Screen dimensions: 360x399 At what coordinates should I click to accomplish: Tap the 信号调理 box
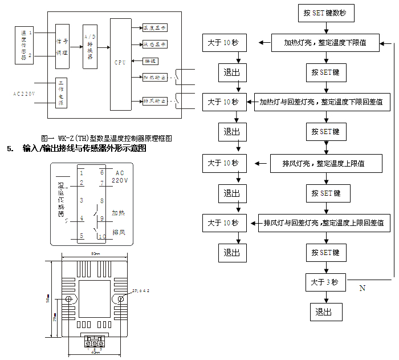pos(62,46)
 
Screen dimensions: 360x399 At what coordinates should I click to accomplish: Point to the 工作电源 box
pos(62,92)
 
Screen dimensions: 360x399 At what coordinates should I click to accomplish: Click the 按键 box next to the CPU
pos(150,60)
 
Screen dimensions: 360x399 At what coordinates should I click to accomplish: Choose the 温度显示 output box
pos(154,27)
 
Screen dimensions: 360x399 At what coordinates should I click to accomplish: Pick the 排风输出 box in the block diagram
pos(154,101)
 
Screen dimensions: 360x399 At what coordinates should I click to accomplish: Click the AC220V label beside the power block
pos(24,92)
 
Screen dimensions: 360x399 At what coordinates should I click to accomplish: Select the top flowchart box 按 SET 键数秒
pos(325,13)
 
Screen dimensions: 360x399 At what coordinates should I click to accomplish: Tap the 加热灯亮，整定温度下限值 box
pos(325,43)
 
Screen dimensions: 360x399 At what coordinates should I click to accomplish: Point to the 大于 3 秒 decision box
pos(325,282)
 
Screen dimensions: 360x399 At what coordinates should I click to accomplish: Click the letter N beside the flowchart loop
pos(362,288)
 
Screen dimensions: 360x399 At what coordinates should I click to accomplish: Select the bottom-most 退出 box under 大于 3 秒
pos(325,312)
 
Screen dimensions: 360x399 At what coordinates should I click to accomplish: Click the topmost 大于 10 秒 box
pos(223,43)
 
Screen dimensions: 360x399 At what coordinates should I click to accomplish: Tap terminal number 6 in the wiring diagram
pos(101,172)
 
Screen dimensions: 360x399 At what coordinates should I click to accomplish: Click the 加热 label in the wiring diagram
pos(119,212)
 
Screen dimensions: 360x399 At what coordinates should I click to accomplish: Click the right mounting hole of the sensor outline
pos(121,298)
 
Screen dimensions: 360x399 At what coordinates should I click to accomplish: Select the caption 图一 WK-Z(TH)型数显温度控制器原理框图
pos(107,138)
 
